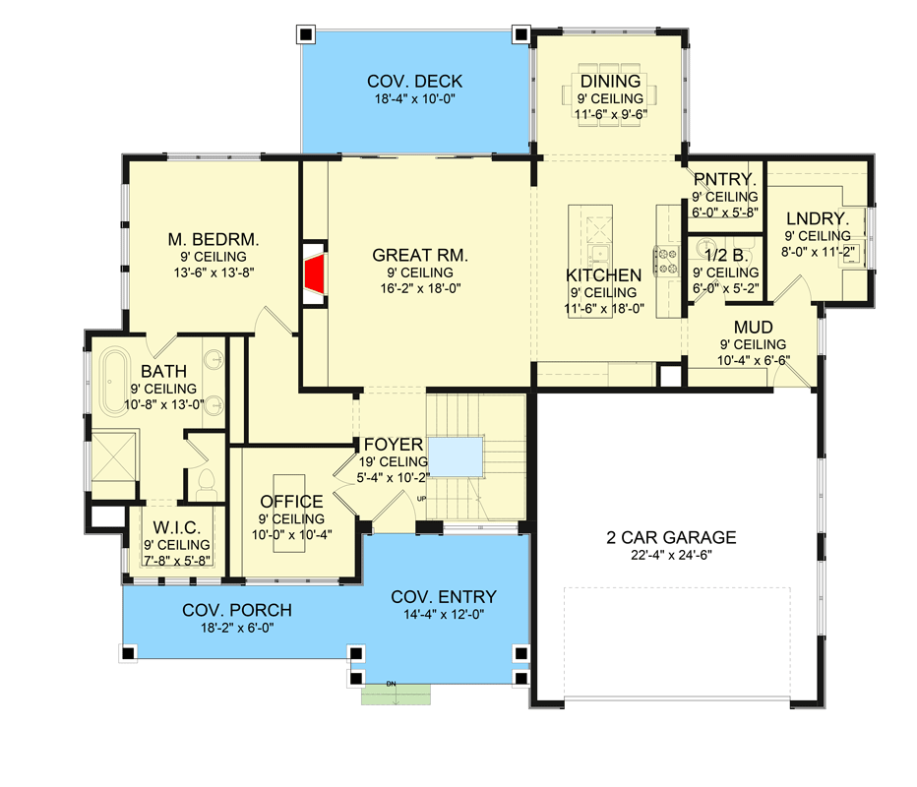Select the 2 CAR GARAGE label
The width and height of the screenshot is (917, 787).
point(671,537)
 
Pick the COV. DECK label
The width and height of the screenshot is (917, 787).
point(414,82)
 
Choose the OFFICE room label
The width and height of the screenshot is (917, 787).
point(291,502)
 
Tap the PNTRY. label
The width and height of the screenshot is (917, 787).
point(724,179)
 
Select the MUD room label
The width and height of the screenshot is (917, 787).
point(752,327)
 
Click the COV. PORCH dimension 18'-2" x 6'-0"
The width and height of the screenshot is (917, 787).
point(236,628)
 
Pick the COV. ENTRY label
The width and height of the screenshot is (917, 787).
point(444,596)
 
